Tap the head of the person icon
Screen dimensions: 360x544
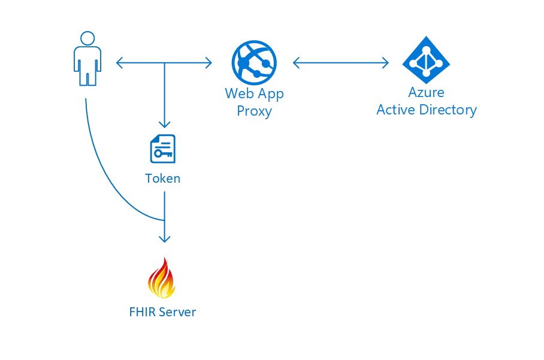[x=87, y=38]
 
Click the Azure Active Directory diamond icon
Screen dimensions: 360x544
[x=426, y=59]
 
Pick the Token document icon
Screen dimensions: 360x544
[x=162, y=149]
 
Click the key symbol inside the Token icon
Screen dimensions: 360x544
[x=162, y=154]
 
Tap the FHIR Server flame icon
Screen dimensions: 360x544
[x=162, y=278]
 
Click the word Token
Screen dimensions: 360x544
[x=162, y=179]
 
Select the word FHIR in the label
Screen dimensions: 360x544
[x=142, y=312]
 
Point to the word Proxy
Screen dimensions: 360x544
[x=254, y=111]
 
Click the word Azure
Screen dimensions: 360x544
[x=426, y=93]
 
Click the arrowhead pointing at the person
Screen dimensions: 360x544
[x=119, y=62]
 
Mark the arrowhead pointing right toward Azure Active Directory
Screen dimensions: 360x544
[x=386, y=62]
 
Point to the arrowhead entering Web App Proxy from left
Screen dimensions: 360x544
[x=208, y=62]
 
